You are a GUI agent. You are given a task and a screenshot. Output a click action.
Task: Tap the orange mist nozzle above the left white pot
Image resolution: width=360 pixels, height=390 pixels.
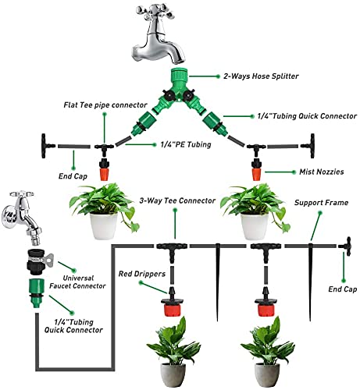point(103,167)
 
